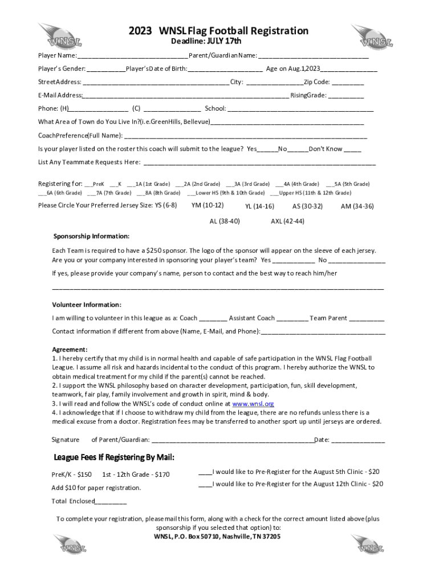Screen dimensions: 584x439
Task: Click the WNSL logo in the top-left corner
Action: coord(60,35)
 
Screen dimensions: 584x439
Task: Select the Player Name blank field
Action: coord(132,56)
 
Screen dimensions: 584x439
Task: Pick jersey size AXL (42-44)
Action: coord(287,221)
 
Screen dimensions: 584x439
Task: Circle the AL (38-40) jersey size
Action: coord(225,221)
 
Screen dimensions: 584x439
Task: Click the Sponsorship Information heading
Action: coord(91,236)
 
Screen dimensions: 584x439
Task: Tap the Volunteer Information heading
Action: coord(87,305)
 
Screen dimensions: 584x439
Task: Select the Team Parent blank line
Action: coord(367,319)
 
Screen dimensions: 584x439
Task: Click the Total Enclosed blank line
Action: coord(111,502)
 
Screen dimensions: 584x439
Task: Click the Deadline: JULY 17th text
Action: coord(206,42)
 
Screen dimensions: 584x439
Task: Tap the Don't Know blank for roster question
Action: coord(352,149)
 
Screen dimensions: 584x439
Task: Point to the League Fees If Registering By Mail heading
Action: coord(114,457)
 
